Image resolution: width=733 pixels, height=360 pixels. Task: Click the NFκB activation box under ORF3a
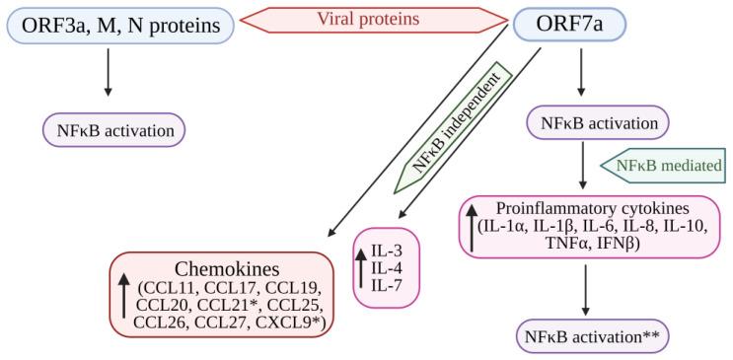pos(114,128)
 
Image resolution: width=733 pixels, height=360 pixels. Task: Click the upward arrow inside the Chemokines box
pos(124,296)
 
